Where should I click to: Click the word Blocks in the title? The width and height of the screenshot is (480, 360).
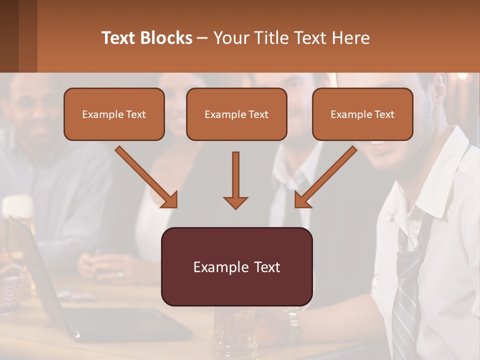(167, 38)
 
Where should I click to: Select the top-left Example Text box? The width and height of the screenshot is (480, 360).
(114, 114)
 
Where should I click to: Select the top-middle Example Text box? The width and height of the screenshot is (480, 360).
(236, 114)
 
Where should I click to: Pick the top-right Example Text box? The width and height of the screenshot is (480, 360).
(362, 114)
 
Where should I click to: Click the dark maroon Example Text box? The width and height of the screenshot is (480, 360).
(236, 266)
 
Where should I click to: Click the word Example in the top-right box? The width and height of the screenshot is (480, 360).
(348, 114)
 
